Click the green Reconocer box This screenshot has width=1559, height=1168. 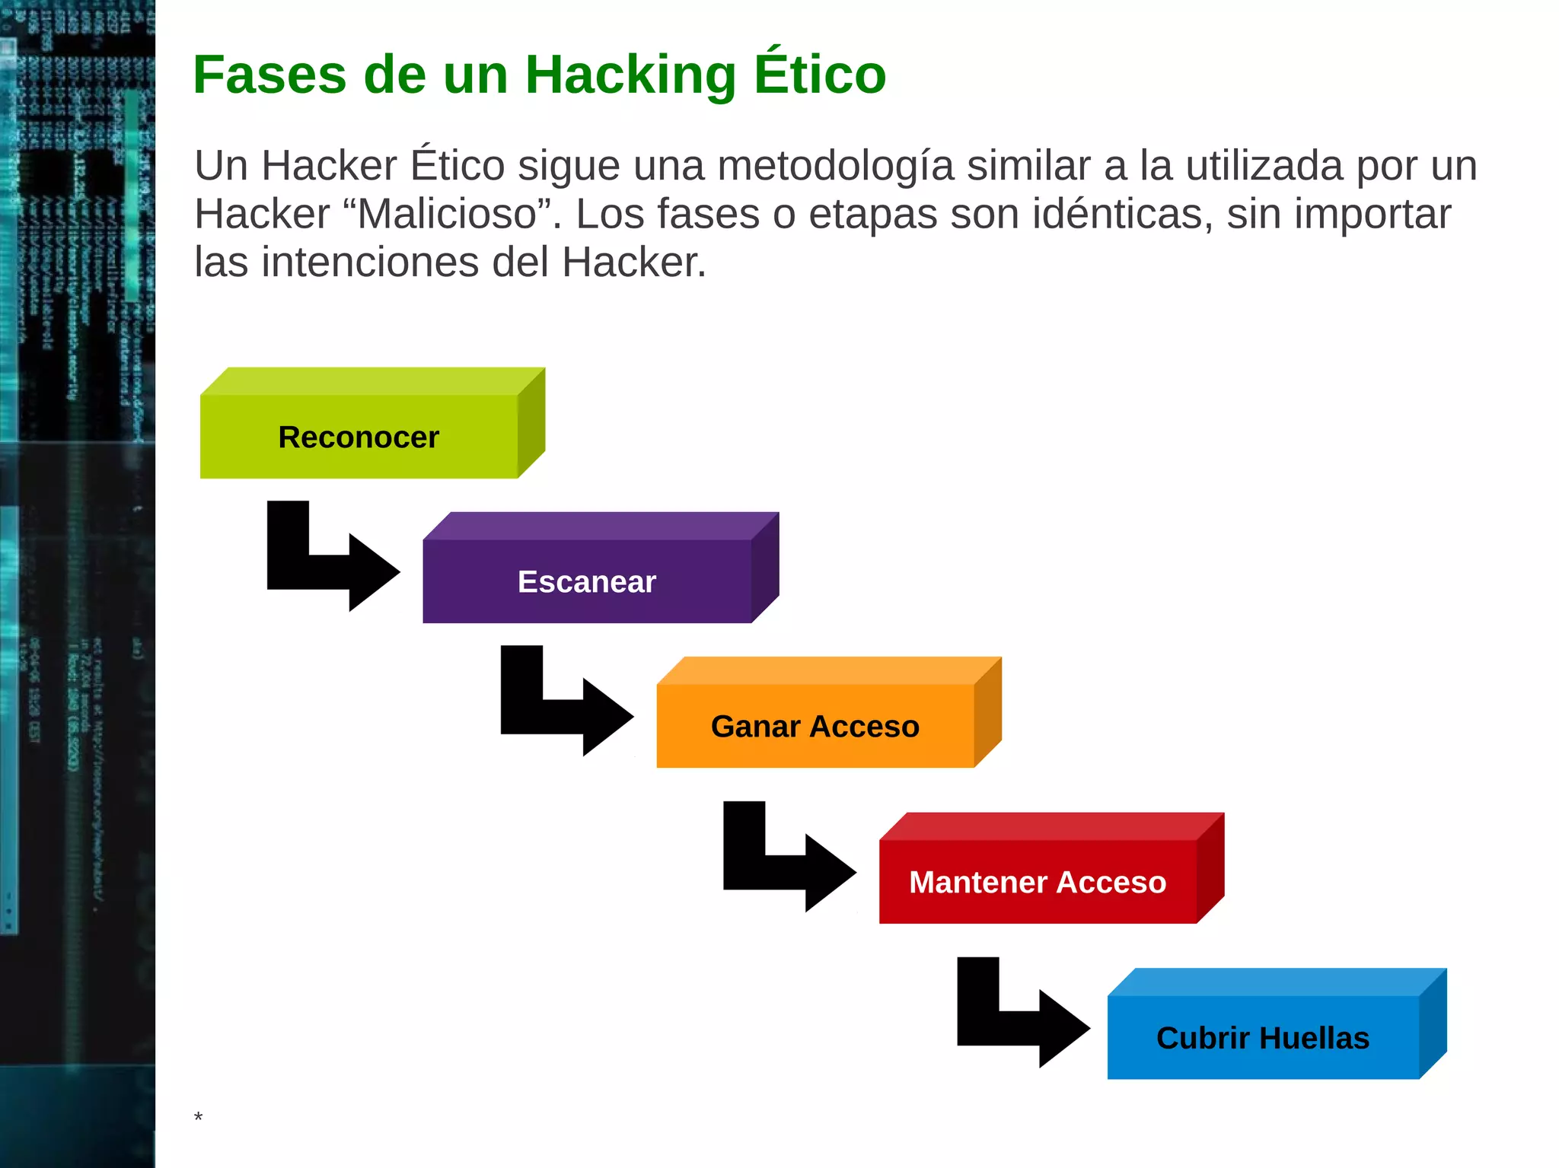tap(359, 436)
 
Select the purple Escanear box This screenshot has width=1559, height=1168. tap(587, 581)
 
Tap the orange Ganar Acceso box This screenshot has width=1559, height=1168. tap(815, 725)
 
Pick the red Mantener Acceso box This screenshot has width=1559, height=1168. tap(1037, 881)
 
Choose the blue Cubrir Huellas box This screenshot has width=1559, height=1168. tap(1262, 1037)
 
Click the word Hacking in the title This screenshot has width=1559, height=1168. tap(630, 76)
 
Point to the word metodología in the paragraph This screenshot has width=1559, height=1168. tap(835, 167)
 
